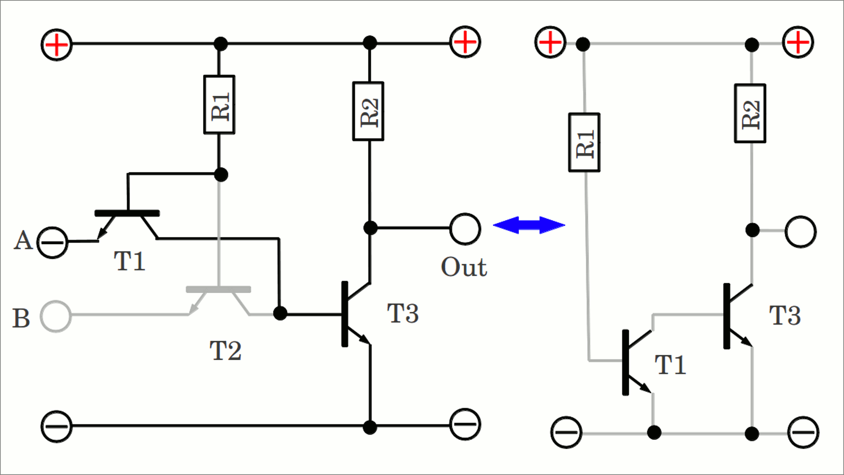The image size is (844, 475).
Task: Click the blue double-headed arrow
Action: [x=529, y=225]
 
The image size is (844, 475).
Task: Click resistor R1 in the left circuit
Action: [x=219, y=105]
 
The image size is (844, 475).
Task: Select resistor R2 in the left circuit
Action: [x=368, y=111]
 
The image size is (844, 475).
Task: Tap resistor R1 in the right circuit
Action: [x=584, y=142]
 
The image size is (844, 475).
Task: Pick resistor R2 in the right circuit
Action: [x=750, y=113]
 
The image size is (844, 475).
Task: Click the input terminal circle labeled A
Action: [x=52, y=242]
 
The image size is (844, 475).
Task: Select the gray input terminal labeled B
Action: [x=55, y=316]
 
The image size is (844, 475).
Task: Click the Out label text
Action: [x=464, y=267]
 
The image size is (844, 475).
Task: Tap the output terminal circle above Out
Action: [x=465, y=229]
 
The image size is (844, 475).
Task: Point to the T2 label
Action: [x=226, y=351]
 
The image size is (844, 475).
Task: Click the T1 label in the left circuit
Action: [x=130, y=261]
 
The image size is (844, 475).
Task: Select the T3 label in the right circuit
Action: [x=785, y=315]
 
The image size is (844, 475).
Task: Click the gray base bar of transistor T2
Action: [x=218, y=289]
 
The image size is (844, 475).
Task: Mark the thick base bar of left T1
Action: [x=127, y=213]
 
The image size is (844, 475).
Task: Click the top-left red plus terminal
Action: [x=57, y=44]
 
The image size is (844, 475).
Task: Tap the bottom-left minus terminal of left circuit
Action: [x=57, y=426]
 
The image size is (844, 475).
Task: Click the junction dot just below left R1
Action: [x=221, y=175]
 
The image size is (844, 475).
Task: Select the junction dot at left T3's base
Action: [x=280, y=313]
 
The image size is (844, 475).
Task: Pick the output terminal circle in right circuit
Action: [x=800, y=232]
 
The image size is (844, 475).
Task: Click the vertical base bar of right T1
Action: [x=626, y=362]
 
